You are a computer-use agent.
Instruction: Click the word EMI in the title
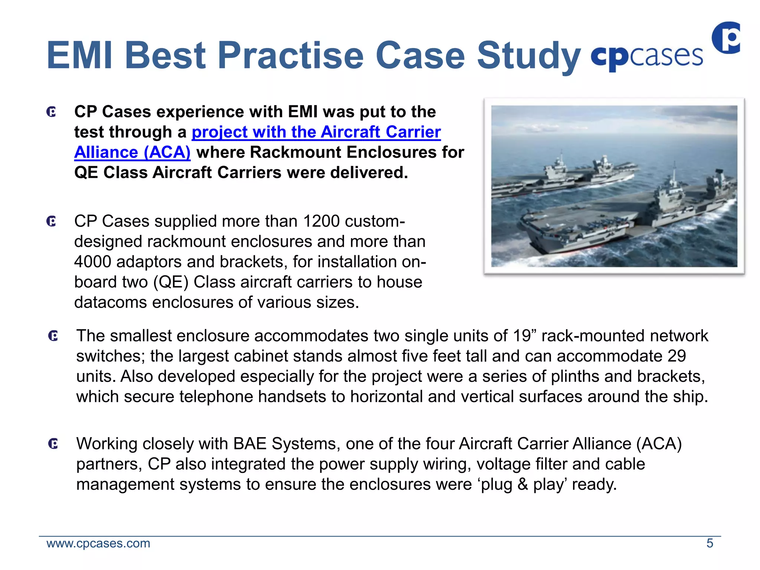coord(79,56)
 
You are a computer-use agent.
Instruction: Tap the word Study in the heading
coord(528,56)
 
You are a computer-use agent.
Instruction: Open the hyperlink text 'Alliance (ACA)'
coord(132,153)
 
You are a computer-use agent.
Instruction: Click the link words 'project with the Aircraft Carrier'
coord(316,132)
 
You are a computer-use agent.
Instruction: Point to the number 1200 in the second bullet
coord(321,222)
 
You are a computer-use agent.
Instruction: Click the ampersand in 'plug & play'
coord(522,485)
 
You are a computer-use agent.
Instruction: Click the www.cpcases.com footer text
coord(98,544)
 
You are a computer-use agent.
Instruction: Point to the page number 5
coord(710,544)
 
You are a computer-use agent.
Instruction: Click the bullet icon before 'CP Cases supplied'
coord(52,222)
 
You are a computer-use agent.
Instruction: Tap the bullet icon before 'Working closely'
coord(53,443)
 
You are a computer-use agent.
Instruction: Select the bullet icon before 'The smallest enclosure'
coord(53,336)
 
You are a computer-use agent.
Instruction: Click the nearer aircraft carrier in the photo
coord(631,215)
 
